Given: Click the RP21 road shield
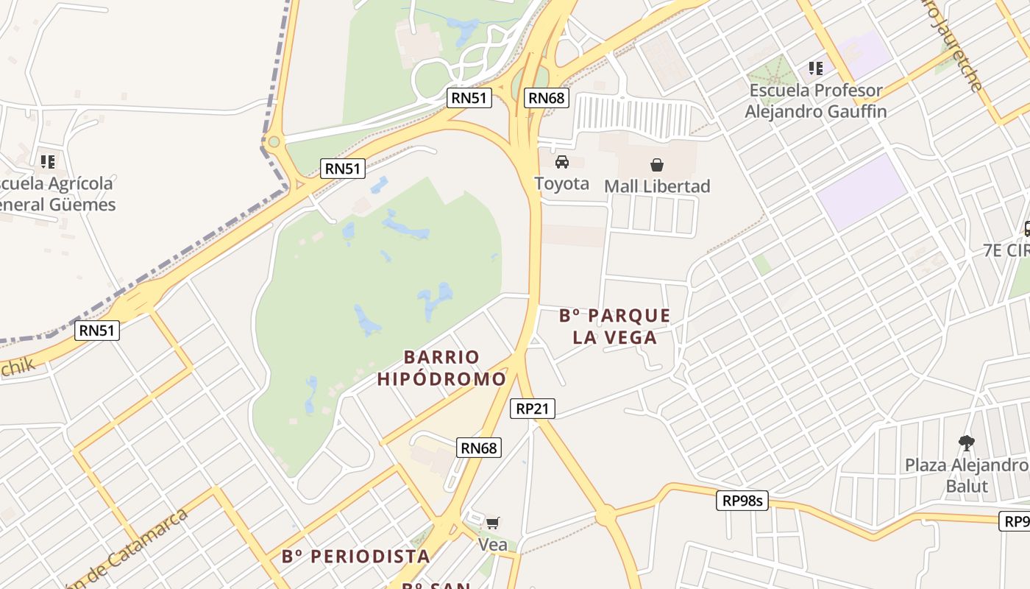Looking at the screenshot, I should (x=533, y=409).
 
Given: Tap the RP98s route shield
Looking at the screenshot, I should (x=742, y=501).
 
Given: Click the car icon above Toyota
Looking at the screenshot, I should (x=562, y=162).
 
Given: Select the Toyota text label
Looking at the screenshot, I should (x=562, y=183).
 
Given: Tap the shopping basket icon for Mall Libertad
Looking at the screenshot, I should (x=656, y=165).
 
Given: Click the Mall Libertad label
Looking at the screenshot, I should (x=657, y=186).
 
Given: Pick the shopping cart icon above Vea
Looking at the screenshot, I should (x=493, y=523).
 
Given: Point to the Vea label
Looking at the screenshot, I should (x=493, y=545).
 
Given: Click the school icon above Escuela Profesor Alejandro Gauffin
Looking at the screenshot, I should (x=815, y=68).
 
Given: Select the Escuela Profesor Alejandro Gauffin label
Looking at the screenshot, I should (x=815, y=101).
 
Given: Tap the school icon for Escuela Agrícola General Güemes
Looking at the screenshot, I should (x=48, y=161).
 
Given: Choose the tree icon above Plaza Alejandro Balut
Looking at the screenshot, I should (x=967, y=443).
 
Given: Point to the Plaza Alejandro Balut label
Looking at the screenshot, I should (x=967, y=476).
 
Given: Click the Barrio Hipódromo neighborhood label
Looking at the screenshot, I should (x=441, y=368).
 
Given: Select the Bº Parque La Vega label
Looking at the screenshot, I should (x=615, y=326).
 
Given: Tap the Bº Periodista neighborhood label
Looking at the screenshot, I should (x=356, y=556).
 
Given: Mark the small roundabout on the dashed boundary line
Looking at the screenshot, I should (x=274, y=141).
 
